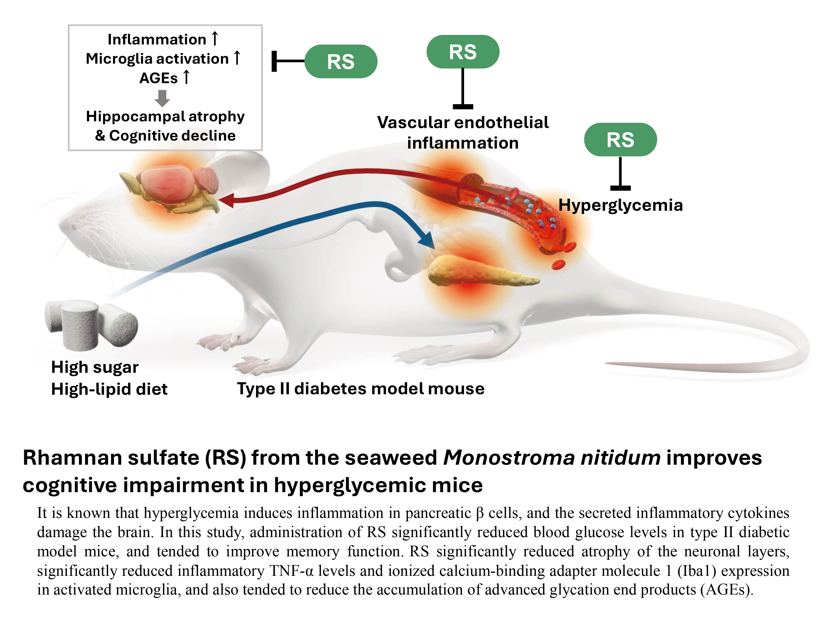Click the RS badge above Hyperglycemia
point(620,140)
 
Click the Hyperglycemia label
point(620,205)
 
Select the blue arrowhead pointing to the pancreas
point(428,240)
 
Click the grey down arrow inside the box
point(162,98)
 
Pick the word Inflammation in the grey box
point(157,39)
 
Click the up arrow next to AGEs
point(186,77)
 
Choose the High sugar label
point(95,367)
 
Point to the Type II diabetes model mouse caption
point(361,389)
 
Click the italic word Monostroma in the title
point(509,457)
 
